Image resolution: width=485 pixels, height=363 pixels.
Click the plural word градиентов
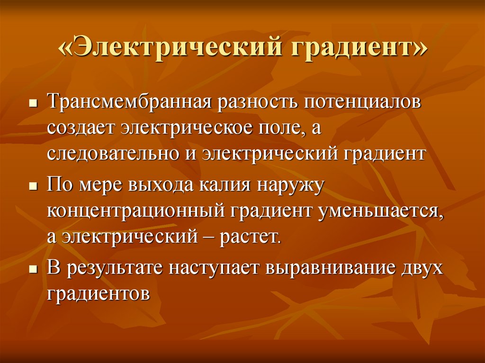[99, 293]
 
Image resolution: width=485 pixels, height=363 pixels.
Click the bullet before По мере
[33, 186]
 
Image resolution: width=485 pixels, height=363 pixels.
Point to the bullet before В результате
[33, 269]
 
